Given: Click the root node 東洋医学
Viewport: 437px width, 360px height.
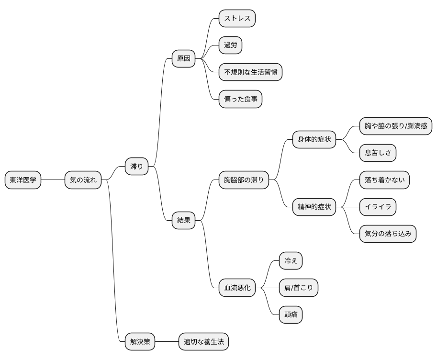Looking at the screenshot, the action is tap(23, 180).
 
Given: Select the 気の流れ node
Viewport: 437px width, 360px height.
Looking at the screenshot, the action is tap(83, 180).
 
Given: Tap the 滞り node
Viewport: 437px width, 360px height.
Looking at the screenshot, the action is tap(136, 167).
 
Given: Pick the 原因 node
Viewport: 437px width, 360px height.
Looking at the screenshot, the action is tap(183, 58).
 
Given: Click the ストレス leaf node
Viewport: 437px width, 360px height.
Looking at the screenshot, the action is tap(237, 18).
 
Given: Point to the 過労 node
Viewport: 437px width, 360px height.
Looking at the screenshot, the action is tap(231, 45).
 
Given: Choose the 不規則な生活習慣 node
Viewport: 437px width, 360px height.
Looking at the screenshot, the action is tap(250, 72).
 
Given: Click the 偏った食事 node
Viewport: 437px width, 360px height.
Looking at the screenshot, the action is tap(240, 99).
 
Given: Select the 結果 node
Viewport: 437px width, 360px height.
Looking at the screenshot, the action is tap(183, 220).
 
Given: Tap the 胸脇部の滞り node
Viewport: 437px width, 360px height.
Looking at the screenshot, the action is tap(244, 180).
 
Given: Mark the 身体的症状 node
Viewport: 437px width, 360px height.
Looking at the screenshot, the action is tap(314, 139).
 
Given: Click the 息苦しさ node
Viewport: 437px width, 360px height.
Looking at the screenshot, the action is tap(378, 153).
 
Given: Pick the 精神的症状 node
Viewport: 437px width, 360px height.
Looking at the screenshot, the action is tap(314, 207).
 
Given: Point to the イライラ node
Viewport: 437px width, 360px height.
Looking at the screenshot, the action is tap(378, 207).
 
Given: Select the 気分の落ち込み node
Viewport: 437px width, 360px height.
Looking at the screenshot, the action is tap(388, 234).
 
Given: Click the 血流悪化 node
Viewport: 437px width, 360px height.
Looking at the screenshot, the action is tap(237, 288).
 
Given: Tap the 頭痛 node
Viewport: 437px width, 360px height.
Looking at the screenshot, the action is tap(291, 315).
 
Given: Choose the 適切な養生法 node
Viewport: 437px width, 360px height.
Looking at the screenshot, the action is tap(204, 341).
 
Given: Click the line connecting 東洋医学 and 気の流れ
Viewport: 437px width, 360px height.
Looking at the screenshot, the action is tap(53, 180).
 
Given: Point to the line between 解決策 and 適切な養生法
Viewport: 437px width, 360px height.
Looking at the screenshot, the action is tap(167, 341).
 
